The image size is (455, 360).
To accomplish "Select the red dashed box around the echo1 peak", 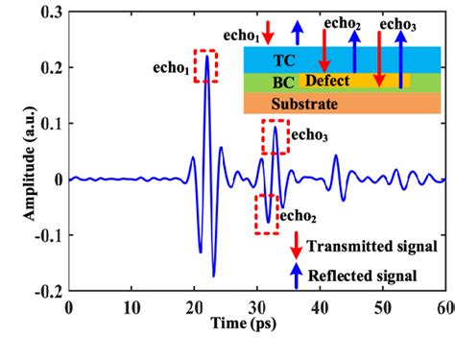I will pyautogui.click(x=206, y=64).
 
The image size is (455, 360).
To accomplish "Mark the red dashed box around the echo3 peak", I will pyautogui.click(x=275, y=137).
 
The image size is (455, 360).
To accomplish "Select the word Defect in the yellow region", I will pyautogui.click(x=326, y=81).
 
